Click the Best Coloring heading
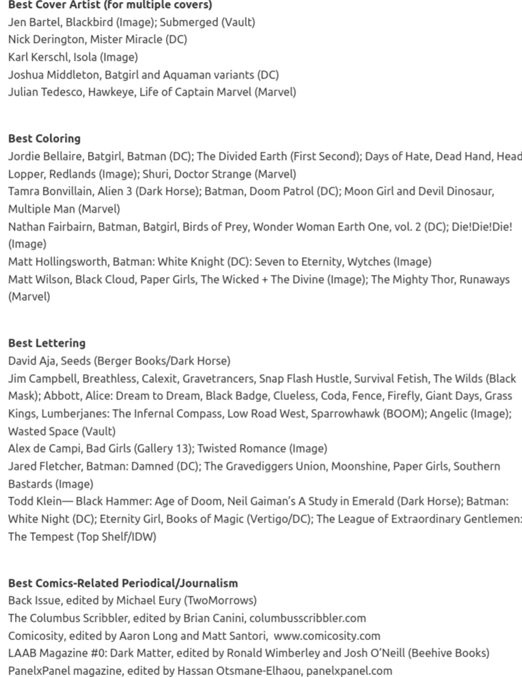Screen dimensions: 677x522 point(44,138)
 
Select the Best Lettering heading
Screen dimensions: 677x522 point(46,343)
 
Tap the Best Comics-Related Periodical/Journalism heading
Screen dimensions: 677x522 point(123,583)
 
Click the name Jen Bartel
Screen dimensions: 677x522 point(33,22)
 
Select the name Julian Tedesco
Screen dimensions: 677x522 point(45,92)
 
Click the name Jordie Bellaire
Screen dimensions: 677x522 point(45,156)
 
